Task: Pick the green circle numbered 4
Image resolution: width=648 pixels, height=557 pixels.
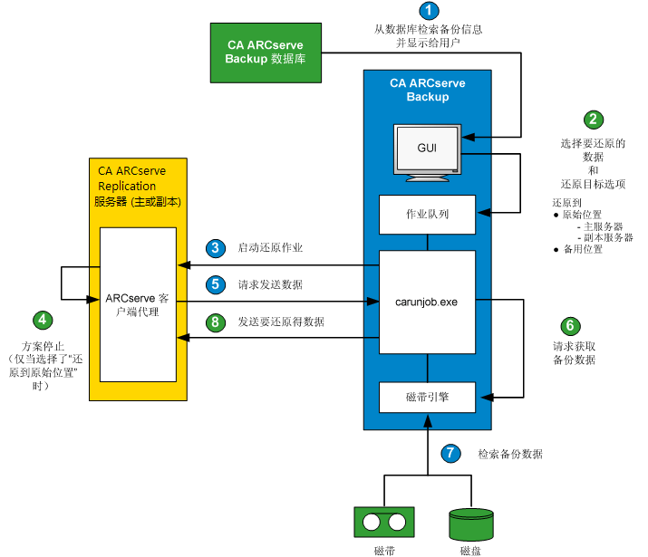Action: (x=43, y=320)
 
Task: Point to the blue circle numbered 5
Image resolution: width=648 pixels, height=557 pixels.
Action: (x=215, y=283)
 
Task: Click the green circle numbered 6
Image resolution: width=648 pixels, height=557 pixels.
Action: (x=569, y=326)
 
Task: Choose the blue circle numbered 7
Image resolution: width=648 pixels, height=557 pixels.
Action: (x=450, y=452)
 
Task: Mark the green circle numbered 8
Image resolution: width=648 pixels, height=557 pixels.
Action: (x=215, y=321)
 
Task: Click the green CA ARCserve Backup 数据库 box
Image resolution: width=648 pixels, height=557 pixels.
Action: (x=265, y=52)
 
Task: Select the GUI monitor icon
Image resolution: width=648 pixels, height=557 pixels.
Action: (x=427, y=150)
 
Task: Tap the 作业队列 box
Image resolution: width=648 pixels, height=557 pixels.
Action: (x=427, y=215)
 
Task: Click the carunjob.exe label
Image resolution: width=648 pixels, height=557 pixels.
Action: (x=427, y=302)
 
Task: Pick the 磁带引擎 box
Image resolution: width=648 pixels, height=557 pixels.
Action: (x=427, y=396)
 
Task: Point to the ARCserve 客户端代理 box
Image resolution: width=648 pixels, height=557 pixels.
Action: (x=137, y=303)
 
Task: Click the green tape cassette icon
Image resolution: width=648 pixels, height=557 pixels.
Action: (x=383, y=523)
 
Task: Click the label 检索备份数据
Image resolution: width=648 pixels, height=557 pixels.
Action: (x=510, y=454)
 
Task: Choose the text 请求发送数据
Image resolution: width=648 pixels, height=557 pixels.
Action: (x=270, y=284)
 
